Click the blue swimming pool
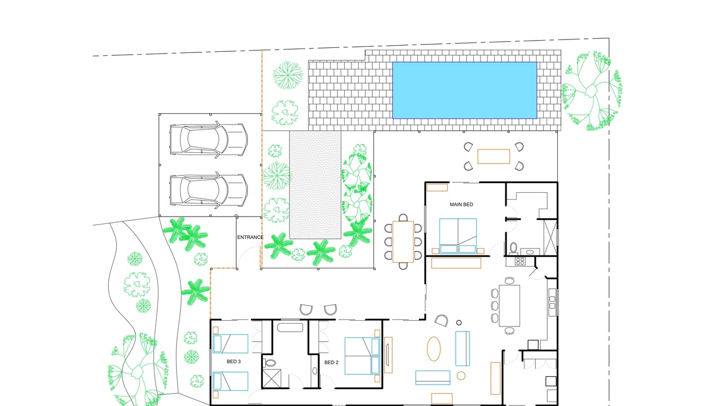[464, 90]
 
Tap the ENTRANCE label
[250, 237]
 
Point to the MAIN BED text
[461, 204]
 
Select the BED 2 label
[331, 363]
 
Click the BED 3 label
[234, 361]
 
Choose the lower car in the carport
[209, 191]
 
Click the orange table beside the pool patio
[494, 156]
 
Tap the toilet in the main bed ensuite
[513, 249]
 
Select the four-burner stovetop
[520, 261]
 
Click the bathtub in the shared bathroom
[290, 328]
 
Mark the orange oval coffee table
[434, 349]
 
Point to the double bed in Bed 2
[362, 356]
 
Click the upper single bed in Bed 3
[230, 344]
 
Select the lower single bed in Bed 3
[230, 381]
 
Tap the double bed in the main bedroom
[458, 236]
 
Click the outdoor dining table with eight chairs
[403, 242]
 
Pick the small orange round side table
[461, 376]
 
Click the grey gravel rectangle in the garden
[315, 185]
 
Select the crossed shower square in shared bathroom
[272, 378]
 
